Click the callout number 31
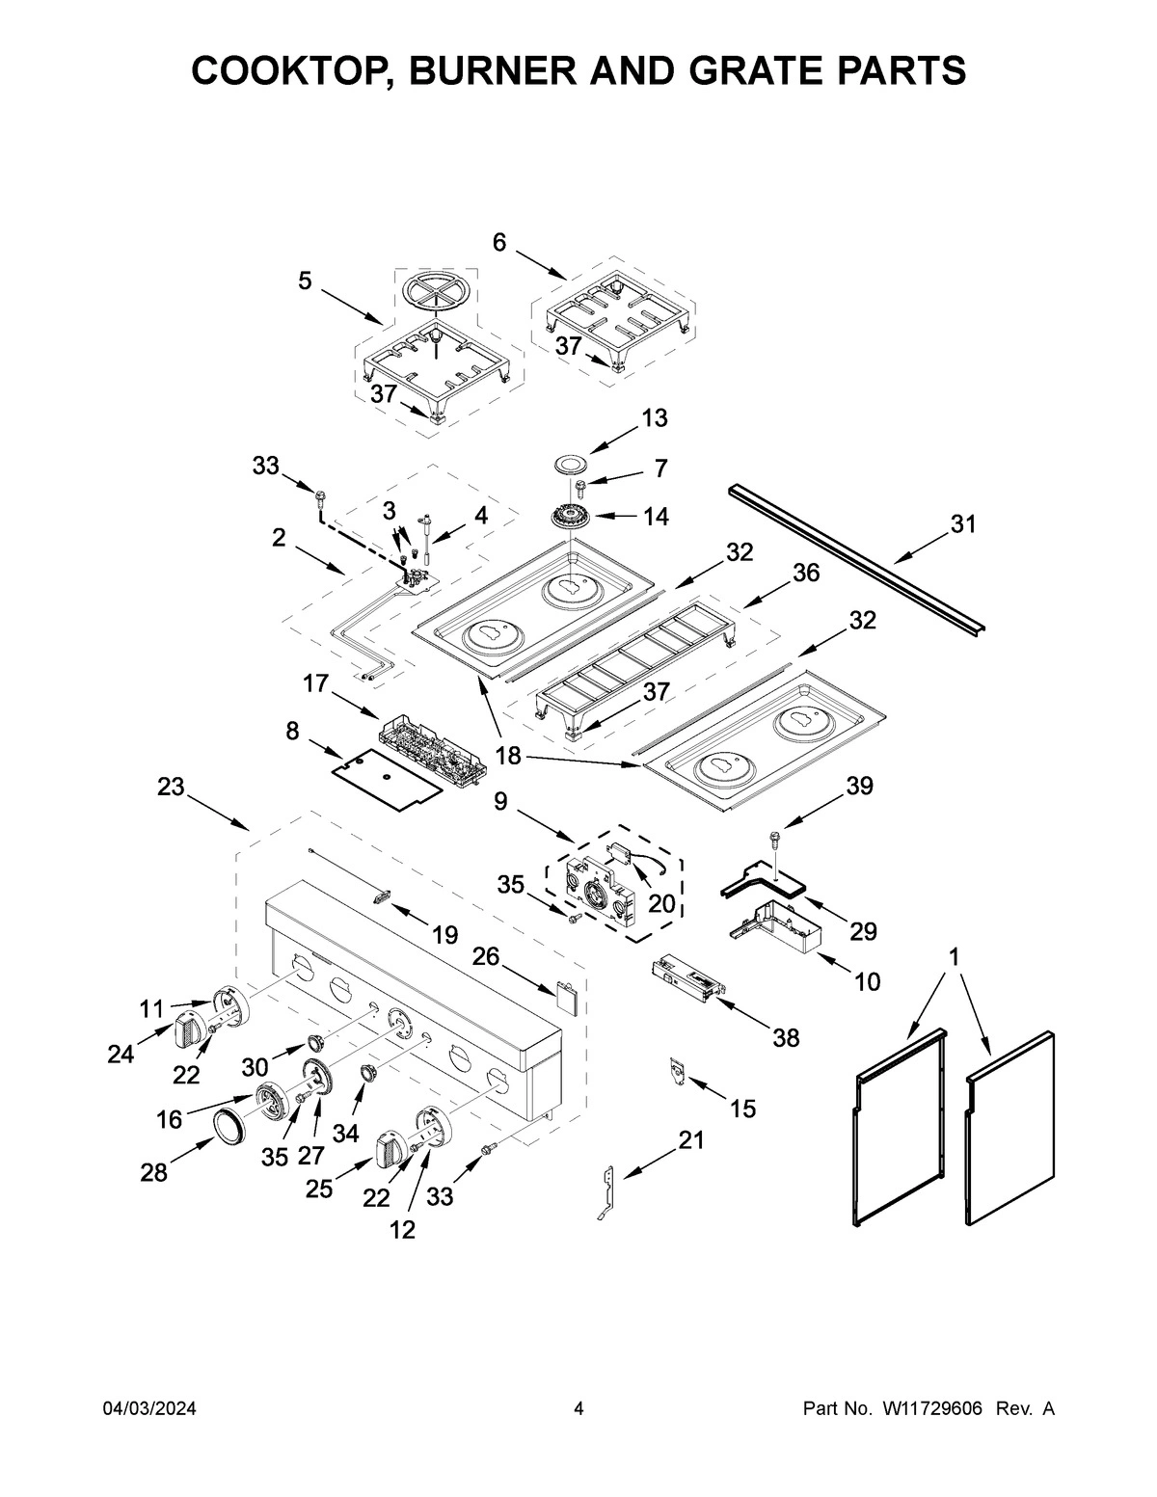tap(962, 524)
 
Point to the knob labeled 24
tap(188, 1033)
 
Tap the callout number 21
tap(691, 1141)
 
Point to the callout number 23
tap(171, 787)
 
